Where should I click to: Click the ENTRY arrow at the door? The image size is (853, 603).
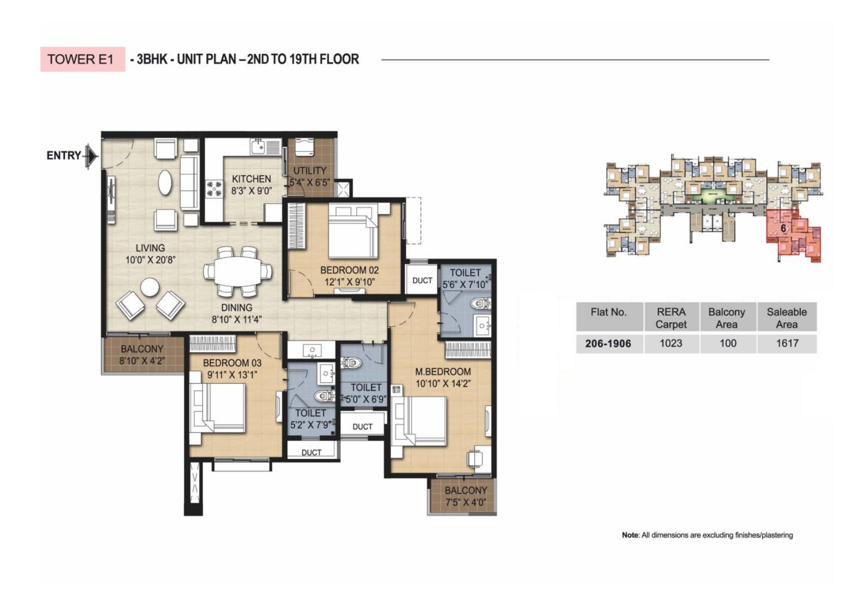click(91, 155)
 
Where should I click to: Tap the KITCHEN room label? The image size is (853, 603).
click(251, 179)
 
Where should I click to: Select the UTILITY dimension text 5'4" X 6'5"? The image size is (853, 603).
click(309, 182)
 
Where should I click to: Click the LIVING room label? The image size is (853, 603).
click(150, 248)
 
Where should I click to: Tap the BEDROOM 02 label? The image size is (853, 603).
click(349, 270)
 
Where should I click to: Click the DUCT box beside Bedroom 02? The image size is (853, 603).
click(422, 280)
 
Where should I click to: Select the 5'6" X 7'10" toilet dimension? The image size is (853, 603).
click(465, 285)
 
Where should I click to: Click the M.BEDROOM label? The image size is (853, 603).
click(443, 371)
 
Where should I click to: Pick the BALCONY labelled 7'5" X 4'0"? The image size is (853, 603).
click(465, 496)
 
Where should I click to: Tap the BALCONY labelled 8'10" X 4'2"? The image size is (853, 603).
click(142, 355)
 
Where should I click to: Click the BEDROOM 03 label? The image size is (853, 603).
click(232, 363)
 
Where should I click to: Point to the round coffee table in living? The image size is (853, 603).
click(150, 287)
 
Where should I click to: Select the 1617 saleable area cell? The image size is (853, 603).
click(787, 344)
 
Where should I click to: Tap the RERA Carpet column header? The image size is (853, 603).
click(671, 318)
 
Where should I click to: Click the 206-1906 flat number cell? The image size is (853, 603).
click(608, 344)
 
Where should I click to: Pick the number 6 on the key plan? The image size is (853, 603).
click(784, 229)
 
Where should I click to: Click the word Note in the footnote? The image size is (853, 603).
click(630, 535)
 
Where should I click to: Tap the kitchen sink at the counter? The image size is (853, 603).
click(257, 146)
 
